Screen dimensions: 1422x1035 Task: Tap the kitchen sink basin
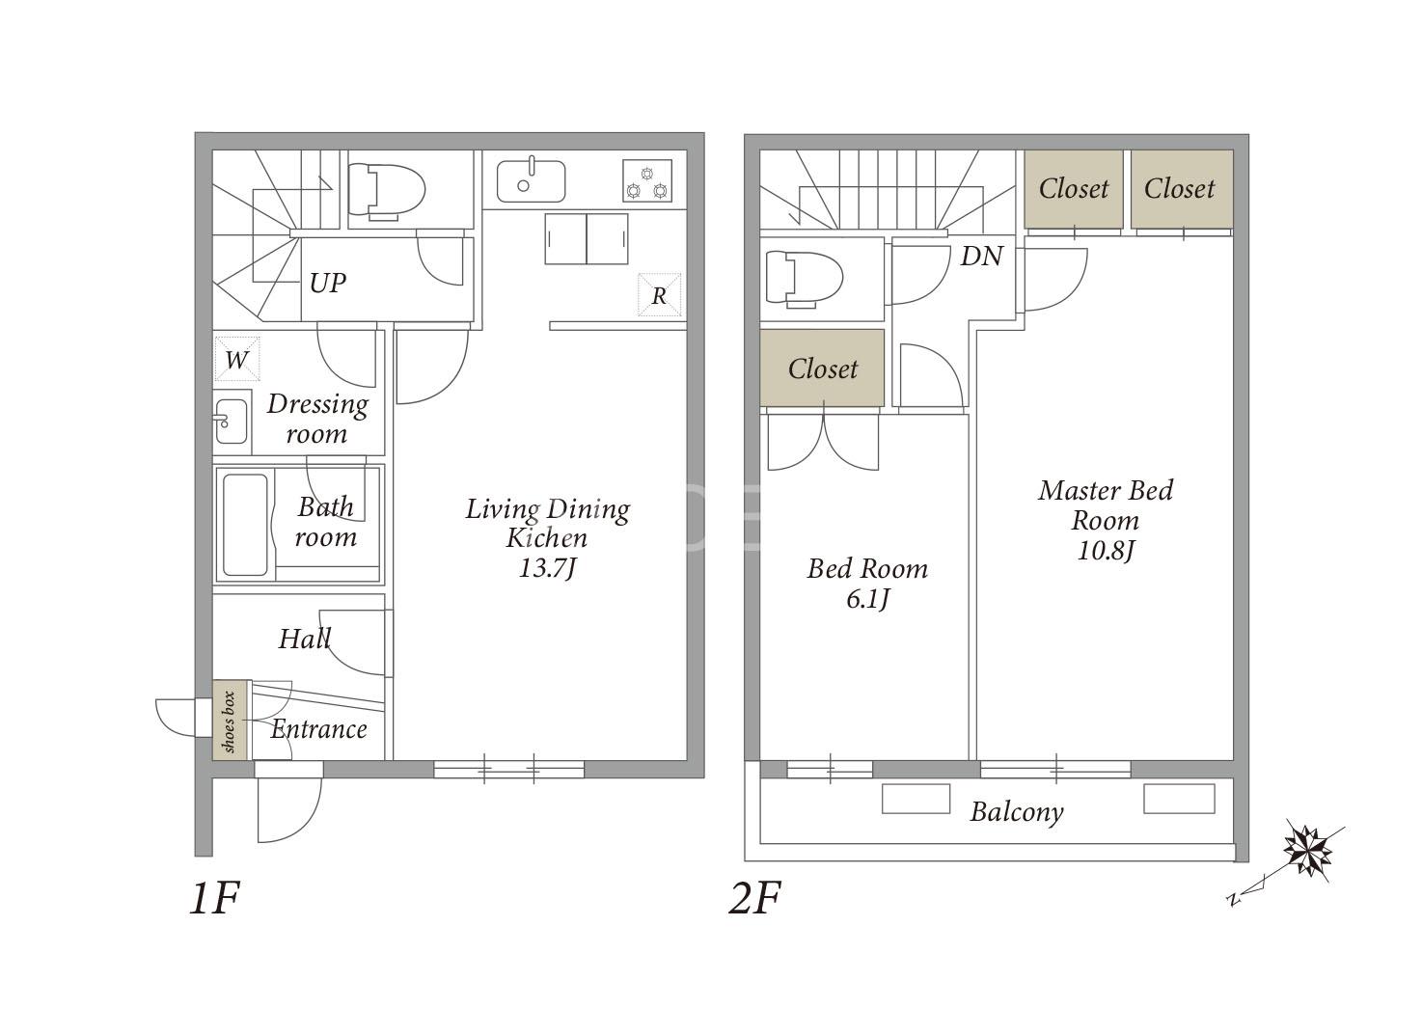pyautogui.click(x=531, y=180)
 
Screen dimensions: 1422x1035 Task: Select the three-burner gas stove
pyautogui.click(x=647, y=180)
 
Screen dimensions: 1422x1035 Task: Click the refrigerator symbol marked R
pyautogui.click(x=660, y=295)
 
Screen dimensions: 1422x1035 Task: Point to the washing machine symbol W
pyautogui.click(x=236, y=359)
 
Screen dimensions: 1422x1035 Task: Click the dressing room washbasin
pyautogui.click(x=232, y=422)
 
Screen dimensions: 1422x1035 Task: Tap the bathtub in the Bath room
pyautogui.click(x=245, y=525)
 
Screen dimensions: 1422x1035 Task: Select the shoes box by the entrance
pyautogui.click(x=230, y=720)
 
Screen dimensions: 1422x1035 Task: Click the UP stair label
pyautogui.click(x=328, y=283)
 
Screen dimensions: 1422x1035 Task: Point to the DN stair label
pyautogui.click(x=981, y=257)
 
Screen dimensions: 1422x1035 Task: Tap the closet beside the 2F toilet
pyautogui.click(x=822, y=368)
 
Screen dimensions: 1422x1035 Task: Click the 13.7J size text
pyautogui.click(x=547, y=568)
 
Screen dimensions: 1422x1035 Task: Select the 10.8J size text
pyautogui.click(x=1106, y=550)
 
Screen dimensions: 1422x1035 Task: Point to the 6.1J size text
pyautogui.click(x=868, y=598)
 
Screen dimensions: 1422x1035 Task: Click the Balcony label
pyautogui.click(x=1017, y=812)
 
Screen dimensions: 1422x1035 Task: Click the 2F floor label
pyautogui.click(x=754, y=898)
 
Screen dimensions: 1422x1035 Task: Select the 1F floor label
pyautogui.click(x=214, y=898)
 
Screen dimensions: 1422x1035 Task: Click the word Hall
pyautogui.click(x=305, y=639)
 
